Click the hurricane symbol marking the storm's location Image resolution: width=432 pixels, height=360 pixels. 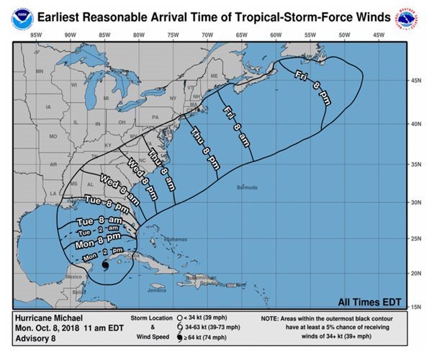pos(105,265)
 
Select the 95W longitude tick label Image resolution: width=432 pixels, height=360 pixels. pos(35,35)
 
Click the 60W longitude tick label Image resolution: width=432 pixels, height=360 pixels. pos(275,35)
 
